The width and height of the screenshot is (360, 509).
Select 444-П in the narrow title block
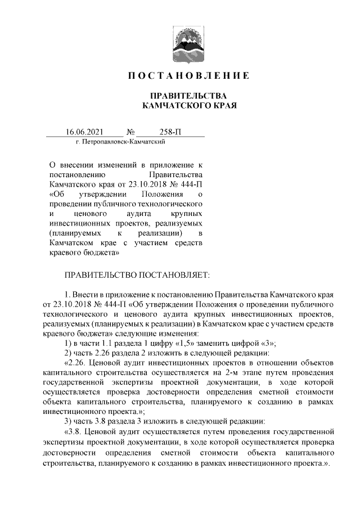[190, 184]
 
